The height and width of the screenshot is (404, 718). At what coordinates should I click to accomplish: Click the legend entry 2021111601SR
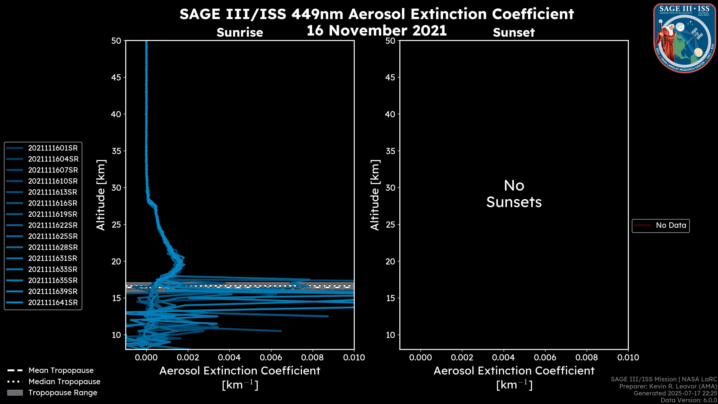coord(53,148)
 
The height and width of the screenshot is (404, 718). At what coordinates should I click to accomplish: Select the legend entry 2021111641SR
coord(53,302)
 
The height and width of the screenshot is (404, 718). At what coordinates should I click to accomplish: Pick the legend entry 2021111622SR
coord(53,225)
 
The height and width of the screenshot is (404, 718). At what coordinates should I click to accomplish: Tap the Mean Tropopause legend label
coord(61,371)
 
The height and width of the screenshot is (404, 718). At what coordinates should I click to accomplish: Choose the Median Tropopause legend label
coord(64,382)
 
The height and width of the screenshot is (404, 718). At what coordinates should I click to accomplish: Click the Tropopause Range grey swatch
coord(15,393)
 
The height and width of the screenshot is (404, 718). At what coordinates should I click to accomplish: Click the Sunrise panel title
coord(240,33)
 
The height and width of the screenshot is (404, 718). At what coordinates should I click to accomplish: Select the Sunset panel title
coord(514,33)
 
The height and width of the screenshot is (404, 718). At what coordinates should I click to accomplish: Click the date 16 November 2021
coord(377,31)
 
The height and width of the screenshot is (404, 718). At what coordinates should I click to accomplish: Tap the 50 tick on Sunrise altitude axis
coord(116,41)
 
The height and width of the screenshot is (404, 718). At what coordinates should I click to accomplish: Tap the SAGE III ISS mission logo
coord(685,38)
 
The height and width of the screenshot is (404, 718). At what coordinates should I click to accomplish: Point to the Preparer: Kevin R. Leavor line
coord(668,386)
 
